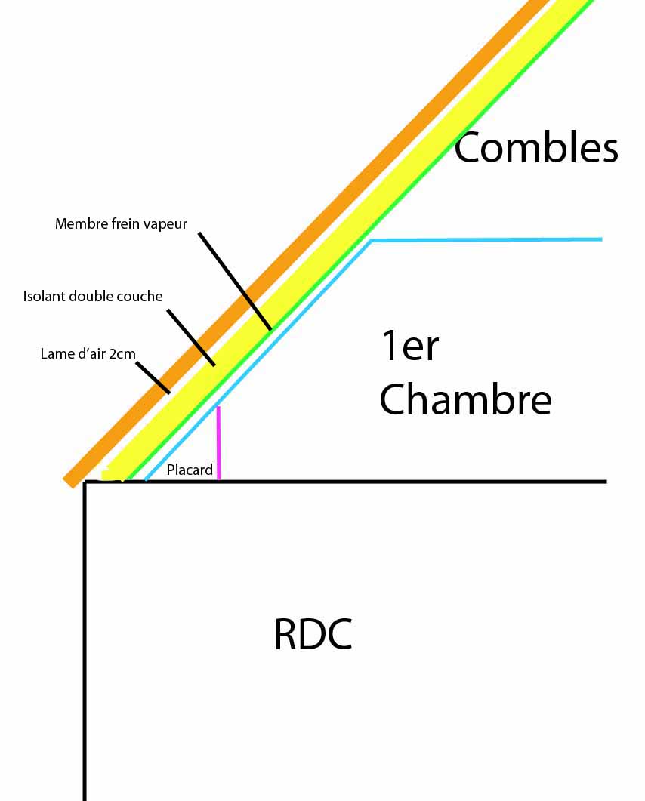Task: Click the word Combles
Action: [535, 148]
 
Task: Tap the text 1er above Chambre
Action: [410, 347]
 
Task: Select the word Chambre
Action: [465, 399]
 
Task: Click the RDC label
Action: [313, 635]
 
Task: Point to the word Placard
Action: [190, 470]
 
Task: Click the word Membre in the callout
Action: [80, 224]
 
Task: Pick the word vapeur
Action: [162, 224]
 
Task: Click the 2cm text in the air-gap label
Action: [122, 353]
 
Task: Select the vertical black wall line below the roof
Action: [85, 642]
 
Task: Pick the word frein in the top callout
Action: [124, 224]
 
